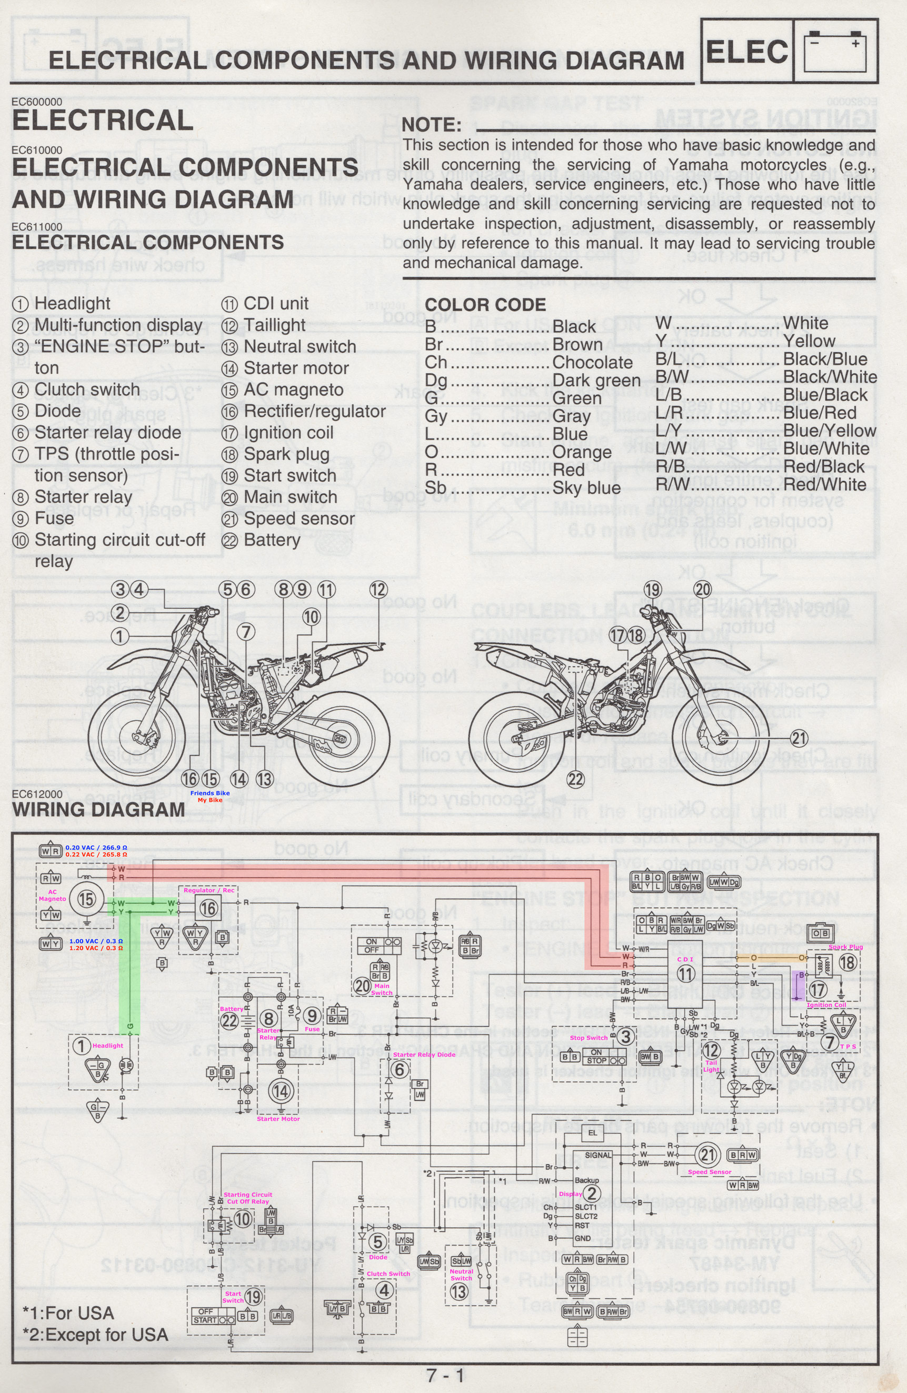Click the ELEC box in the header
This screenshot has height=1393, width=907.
coord(746,51)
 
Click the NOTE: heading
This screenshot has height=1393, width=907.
coord(432,125)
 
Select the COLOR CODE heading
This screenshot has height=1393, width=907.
coord(485,304)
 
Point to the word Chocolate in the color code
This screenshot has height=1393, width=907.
coord(592,363)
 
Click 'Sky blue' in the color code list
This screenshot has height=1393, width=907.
coord(586,488)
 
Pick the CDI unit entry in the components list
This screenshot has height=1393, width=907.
coord(276,304)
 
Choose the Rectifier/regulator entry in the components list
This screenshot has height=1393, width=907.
coord(314,412)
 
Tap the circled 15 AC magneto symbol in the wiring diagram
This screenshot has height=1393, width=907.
coord(86,899)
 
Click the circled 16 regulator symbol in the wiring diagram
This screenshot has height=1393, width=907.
coord(209,908)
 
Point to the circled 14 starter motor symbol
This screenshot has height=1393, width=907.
coord(281,1091)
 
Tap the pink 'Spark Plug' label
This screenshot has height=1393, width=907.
coord(845,947)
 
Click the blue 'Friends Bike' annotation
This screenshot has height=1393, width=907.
coord(210,792)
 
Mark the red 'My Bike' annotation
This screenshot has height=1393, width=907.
coord(210,800)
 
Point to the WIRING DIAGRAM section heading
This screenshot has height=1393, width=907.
coord(98,810)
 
